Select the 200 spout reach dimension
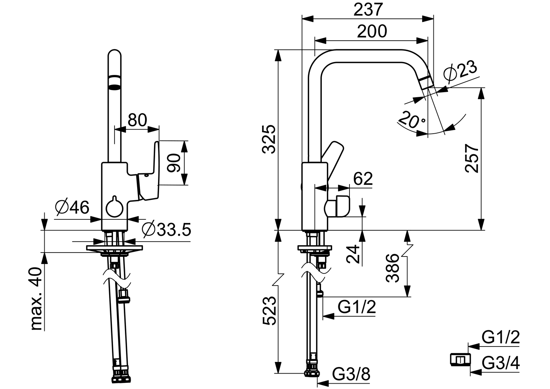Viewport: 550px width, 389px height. [x=372, y=31]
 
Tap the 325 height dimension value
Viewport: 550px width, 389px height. [x=269, y=139]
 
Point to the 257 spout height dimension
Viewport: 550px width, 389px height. [x=472, y=158]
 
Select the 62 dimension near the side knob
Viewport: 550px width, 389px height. [x=363, y=178]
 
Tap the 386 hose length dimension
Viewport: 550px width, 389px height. [x=393, y=268]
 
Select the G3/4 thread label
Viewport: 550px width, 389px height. [x=501, y=363]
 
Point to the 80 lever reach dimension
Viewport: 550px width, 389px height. [x=137, y=120]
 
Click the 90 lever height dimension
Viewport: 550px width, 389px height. [x=174, y=163]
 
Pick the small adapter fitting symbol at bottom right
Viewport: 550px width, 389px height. [x=460, y=359]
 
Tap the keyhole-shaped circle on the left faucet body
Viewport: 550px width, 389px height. [x=115, y=208]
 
